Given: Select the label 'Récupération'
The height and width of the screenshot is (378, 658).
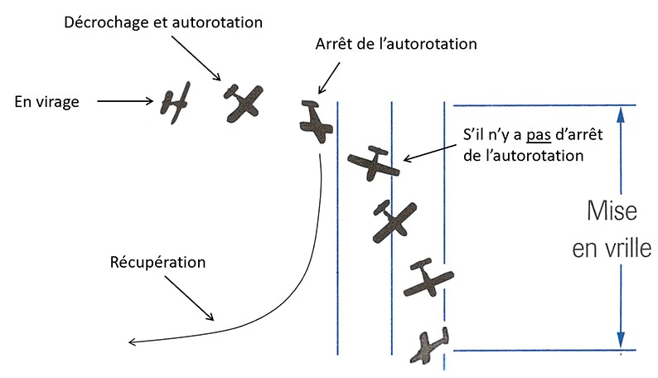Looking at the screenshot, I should pos(157,263).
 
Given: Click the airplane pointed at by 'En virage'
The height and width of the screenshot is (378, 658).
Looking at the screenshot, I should pos(176,102).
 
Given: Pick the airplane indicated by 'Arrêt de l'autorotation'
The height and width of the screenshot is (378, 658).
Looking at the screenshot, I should pos(316,122).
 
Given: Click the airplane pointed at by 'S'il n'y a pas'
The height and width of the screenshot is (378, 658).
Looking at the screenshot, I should pos(373,163).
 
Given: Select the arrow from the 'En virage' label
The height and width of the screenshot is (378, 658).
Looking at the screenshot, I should pos(124,102).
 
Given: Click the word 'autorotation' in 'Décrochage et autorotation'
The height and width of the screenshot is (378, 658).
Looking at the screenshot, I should pos(216,22).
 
